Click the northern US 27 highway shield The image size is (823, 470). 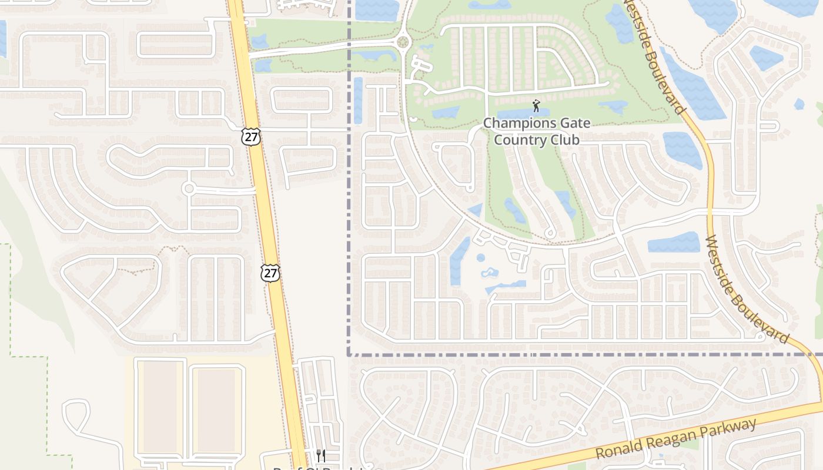coord(250,136)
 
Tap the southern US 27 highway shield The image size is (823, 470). coord(270,273)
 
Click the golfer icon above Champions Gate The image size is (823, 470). coord(536,106)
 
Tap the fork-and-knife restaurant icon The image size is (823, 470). coord(320,455)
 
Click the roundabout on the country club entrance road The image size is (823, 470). coord(403,42)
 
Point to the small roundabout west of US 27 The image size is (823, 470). coord(188,189)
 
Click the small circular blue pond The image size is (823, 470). coord(481,257)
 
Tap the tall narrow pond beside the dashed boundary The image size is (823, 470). coord(358,100)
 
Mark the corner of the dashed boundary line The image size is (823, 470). coord(349,355)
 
